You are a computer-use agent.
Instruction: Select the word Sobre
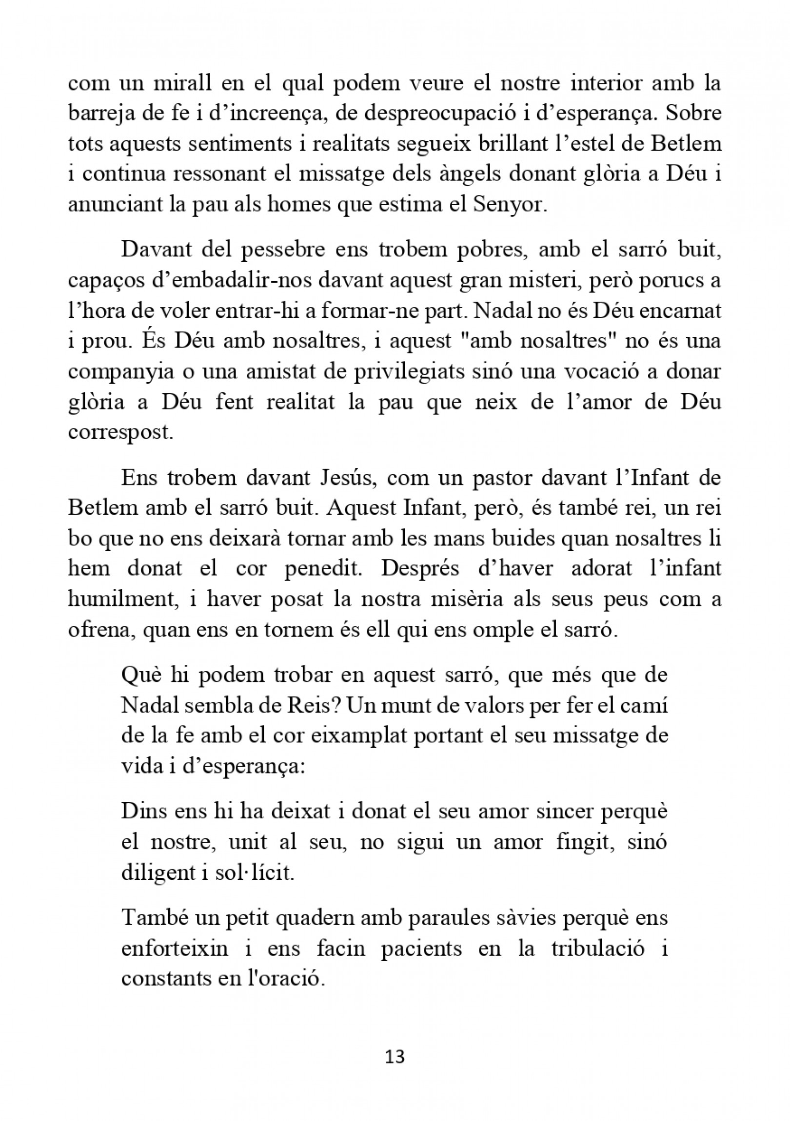[694, 114]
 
